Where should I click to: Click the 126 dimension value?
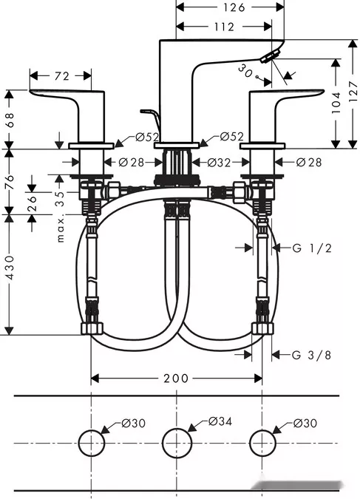click(x=234, y=7)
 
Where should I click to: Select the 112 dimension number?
click(x=224, y=27)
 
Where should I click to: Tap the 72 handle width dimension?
click(x=62, y=76)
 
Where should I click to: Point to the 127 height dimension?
click(x=353, y=92)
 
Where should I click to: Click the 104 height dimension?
click(x=336, y=103)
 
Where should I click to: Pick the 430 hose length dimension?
click(x=10, y=268)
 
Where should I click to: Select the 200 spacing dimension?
click(x=176, y=379)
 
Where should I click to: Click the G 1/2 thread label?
click(x=312, y=248)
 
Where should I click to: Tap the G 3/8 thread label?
click(x=312, y=355)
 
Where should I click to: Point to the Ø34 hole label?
click(x=220, y=421)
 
